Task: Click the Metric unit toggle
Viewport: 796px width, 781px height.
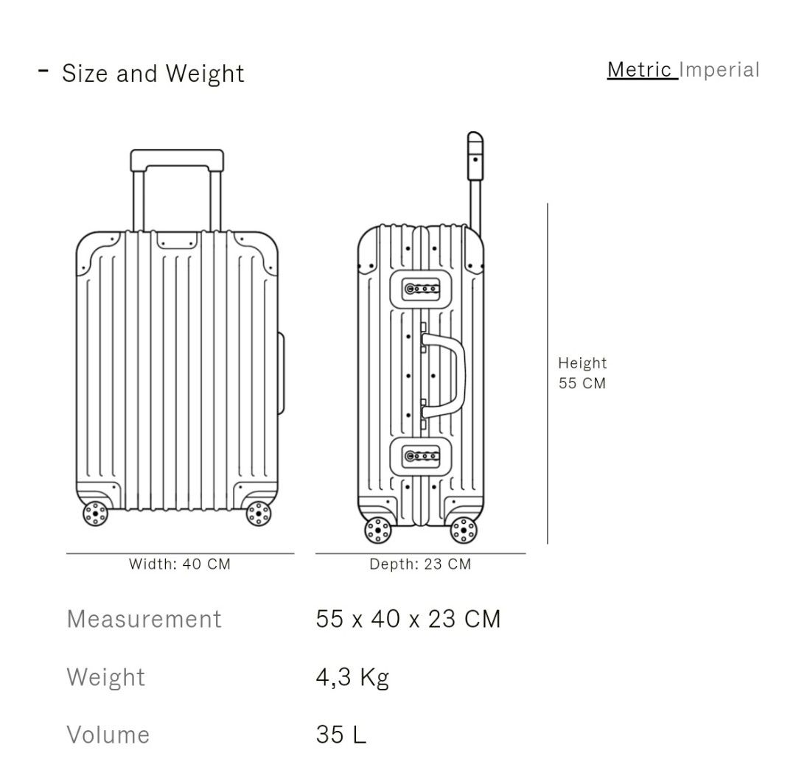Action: [640, 70]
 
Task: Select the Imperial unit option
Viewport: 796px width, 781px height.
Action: [719, 70]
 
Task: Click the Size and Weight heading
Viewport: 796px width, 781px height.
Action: [153, 74]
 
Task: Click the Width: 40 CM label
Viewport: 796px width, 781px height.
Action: [180, 564]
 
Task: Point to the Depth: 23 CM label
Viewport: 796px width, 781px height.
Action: [420, 564]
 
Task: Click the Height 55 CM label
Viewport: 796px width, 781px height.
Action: [582, 373]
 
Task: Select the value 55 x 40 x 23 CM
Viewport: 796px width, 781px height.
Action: [408, 618]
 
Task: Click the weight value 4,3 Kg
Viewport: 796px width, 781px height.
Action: [352, 676]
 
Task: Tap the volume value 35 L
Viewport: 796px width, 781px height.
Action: [341, 734]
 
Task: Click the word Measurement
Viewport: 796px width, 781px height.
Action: [144, 618]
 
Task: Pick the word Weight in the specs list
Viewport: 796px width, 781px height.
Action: [106, 676]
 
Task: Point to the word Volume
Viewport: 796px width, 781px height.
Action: [108, 734]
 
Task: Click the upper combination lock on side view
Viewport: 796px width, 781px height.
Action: [422, 288]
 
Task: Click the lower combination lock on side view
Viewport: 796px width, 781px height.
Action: [422, 457]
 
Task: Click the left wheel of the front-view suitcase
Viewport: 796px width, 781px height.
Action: [95, 514]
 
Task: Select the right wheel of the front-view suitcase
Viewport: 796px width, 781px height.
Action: [259, 514]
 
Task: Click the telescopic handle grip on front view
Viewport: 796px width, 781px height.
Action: [177, 160]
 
